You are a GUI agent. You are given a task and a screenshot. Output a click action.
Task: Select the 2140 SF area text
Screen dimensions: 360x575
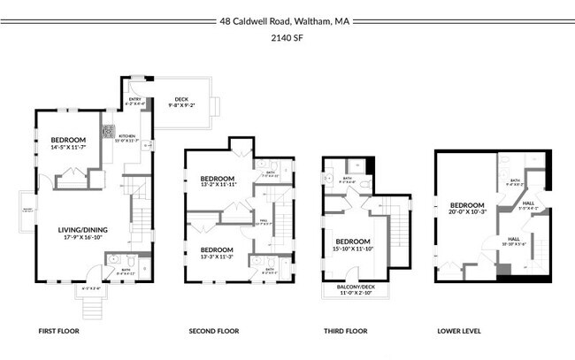coord(287,38)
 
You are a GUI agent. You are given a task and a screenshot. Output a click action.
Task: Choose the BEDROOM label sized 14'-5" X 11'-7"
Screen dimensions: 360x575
coord(68,140)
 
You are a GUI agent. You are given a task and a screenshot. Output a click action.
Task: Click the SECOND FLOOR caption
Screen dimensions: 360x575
coord(214,332)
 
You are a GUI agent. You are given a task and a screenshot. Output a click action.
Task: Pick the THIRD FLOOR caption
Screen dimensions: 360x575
coord(345,332)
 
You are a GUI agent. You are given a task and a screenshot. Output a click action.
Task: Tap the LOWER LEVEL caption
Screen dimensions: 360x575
coord(459,332)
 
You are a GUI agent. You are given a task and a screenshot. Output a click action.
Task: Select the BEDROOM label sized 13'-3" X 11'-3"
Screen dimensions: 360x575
coord(216,249)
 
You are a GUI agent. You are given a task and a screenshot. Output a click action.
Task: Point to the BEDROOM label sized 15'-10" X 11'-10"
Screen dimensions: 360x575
coord(351,241)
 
